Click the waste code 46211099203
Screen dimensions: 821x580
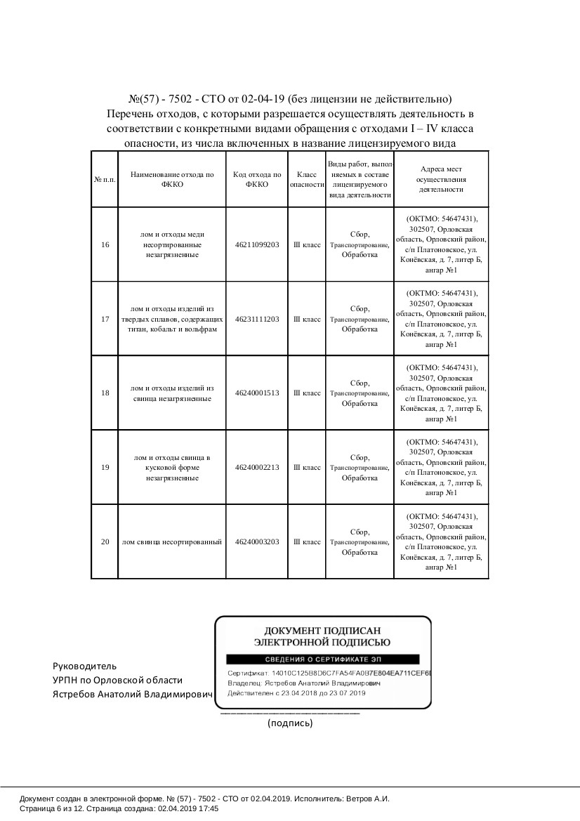click(257, 244)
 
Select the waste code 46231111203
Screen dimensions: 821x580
click(257, 319)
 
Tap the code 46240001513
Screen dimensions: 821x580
click(257, 393)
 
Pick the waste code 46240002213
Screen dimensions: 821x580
click(257, 468)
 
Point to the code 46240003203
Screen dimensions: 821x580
click(257, 542)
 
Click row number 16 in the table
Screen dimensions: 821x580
click(105, 244)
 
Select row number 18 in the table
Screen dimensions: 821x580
click(105, 393)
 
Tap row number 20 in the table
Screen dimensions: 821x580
click(105, 542)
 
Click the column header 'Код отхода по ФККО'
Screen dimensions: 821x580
click(257, 179)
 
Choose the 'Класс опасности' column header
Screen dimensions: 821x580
click(307, 179)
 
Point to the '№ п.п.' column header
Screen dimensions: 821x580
click(105, 179)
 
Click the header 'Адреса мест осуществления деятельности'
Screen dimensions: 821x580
click(441, 179)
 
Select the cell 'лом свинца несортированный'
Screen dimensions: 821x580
click(171, 542)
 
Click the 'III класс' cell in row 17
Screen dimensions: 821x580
click(307, 319)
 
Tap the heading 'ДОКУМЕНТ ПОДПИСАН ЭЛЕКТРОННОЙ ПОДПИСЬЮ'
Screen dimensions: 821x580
click(322, 636)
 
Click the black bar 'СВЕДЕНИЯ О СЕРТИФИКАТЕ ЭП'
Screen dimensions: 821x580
click(322, 659)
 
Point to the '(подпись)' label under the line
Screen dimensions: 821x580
click(290, 723)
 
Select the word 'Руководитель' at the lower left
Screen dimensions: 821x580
click(85, 666)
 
